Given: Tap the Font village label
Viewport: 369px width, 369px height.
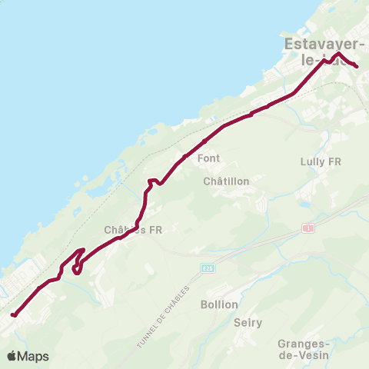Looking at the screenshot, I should pyautogui.click(x=208, y=158).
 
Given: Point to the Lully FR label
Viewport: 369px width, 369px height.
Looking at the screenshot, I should pyautogui.click(x=320, y=162).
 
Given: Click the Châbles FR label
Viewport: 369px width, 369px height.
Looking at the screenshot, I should pyautogui.click(x=129, y=229).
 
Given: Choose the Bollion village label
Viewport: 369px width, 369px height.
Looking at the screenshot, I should pyautogui.click(x=219, y=304).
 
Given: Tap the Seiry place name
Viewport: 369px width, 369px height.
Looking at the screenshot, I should pyautogui.click(x=248, y=324).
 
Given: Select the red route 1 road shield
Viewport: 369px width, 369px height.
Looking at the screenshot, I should pyautogui.click(x=309, y=228).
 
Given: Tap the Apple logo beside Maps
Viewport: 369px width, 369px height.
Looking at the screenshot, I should pyautogui.click(x=12, y=356).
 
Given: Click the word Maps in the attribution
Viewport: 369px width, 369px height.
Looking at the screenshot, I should pyautogui.click(x=34, y=357).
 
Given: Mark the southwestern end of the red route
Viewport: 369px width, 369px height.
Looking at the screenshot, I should pyautogui.click(x=13, y=314).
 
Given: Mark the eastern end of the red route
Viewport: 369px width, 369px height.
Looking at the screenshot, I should pyautogui.click(x=357, y=67).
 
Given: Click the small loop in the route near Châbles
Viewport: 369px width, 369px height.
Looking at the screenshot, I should pyautogui.click(x=77, y=266).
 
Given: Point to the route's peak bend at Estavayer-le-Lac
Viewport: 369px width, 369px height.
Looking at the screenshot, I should pyautogui.click(x=338, y=54).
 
